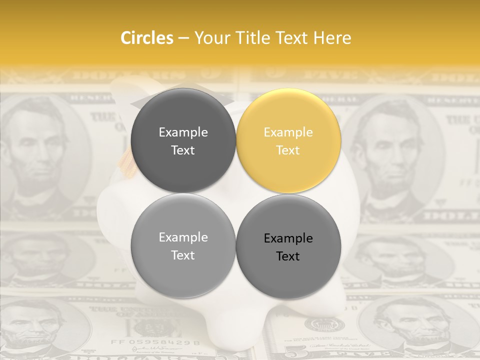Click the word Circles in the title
[147, 37]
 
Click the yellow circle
[288, 140]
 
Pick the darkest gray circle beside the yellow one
[183, 140]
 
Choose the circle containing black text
[288, 246]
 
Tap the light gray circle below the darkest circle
[183, 246]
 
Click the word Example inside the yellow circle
[288, 132]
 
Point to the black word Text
[288, 256]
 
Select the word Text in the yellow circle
[288, 150]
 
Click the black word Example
[288, 238]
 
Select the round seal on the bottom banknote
[317, 325]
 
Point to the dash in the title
[183, 38]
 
